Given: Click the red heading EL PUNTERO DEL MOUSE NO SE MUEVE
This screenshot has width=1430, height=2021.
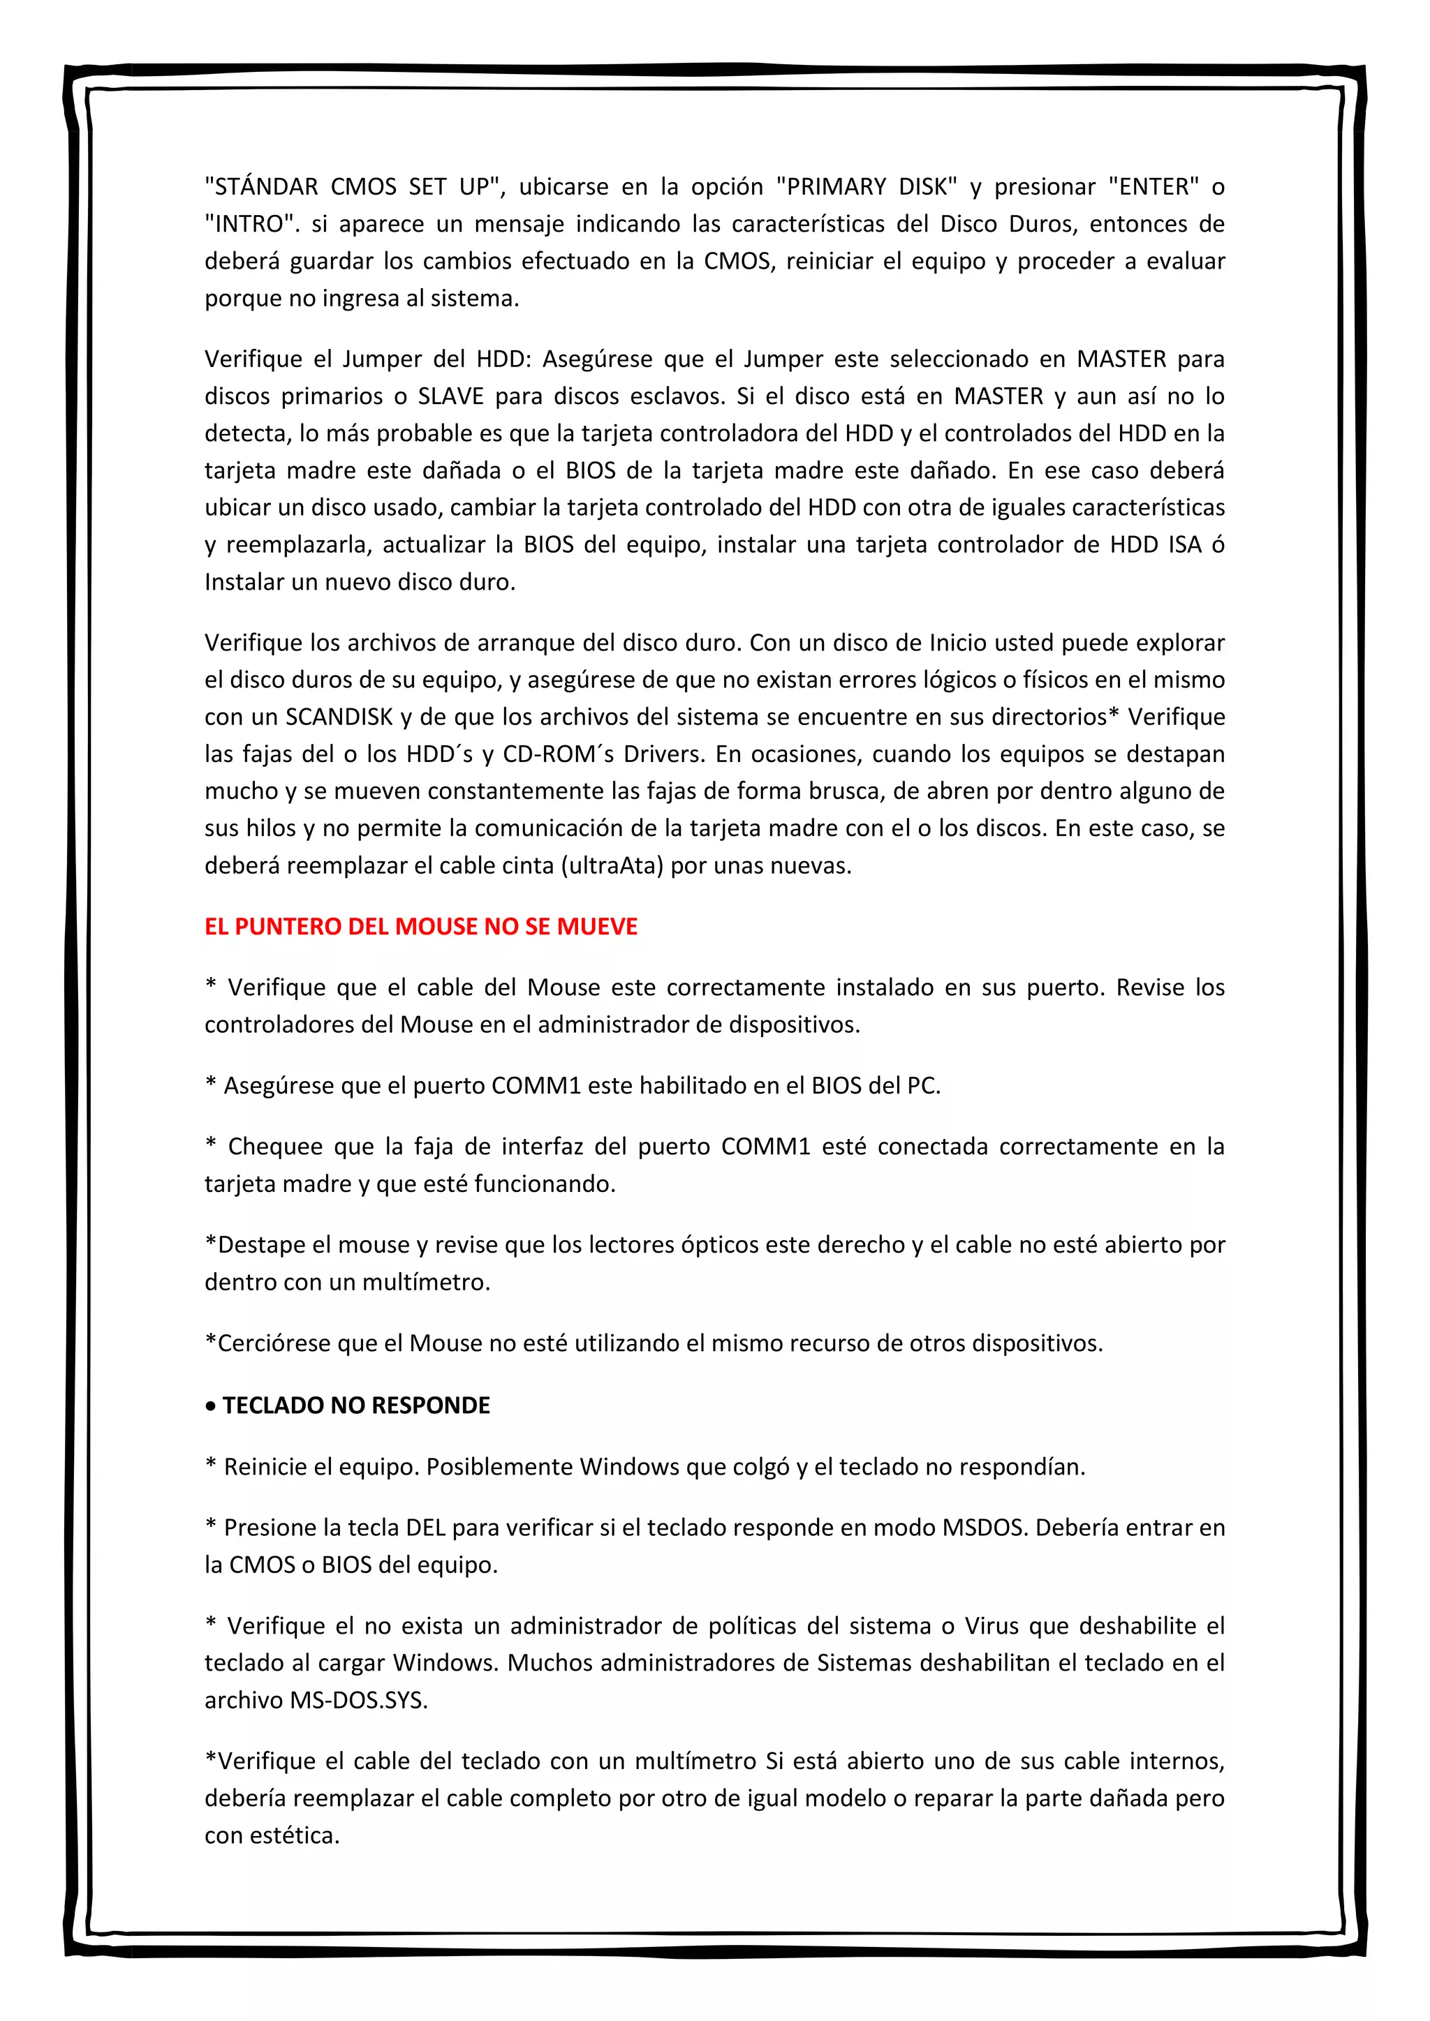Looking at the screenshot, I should [x=421, y=927].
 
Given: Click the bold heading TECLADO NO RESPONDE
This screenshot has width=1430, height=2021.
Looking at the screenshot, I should [x=355, y=1405].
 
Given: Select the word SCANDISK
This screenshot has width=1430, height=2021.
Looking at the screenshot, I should [x=339, y=717].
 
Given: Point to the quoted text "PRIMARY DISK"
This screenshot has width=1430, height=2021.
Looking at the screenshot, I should [x=867, y=186].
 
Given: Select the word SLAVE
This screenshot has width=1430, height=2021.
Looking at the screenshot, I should [x=451, y=396].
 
